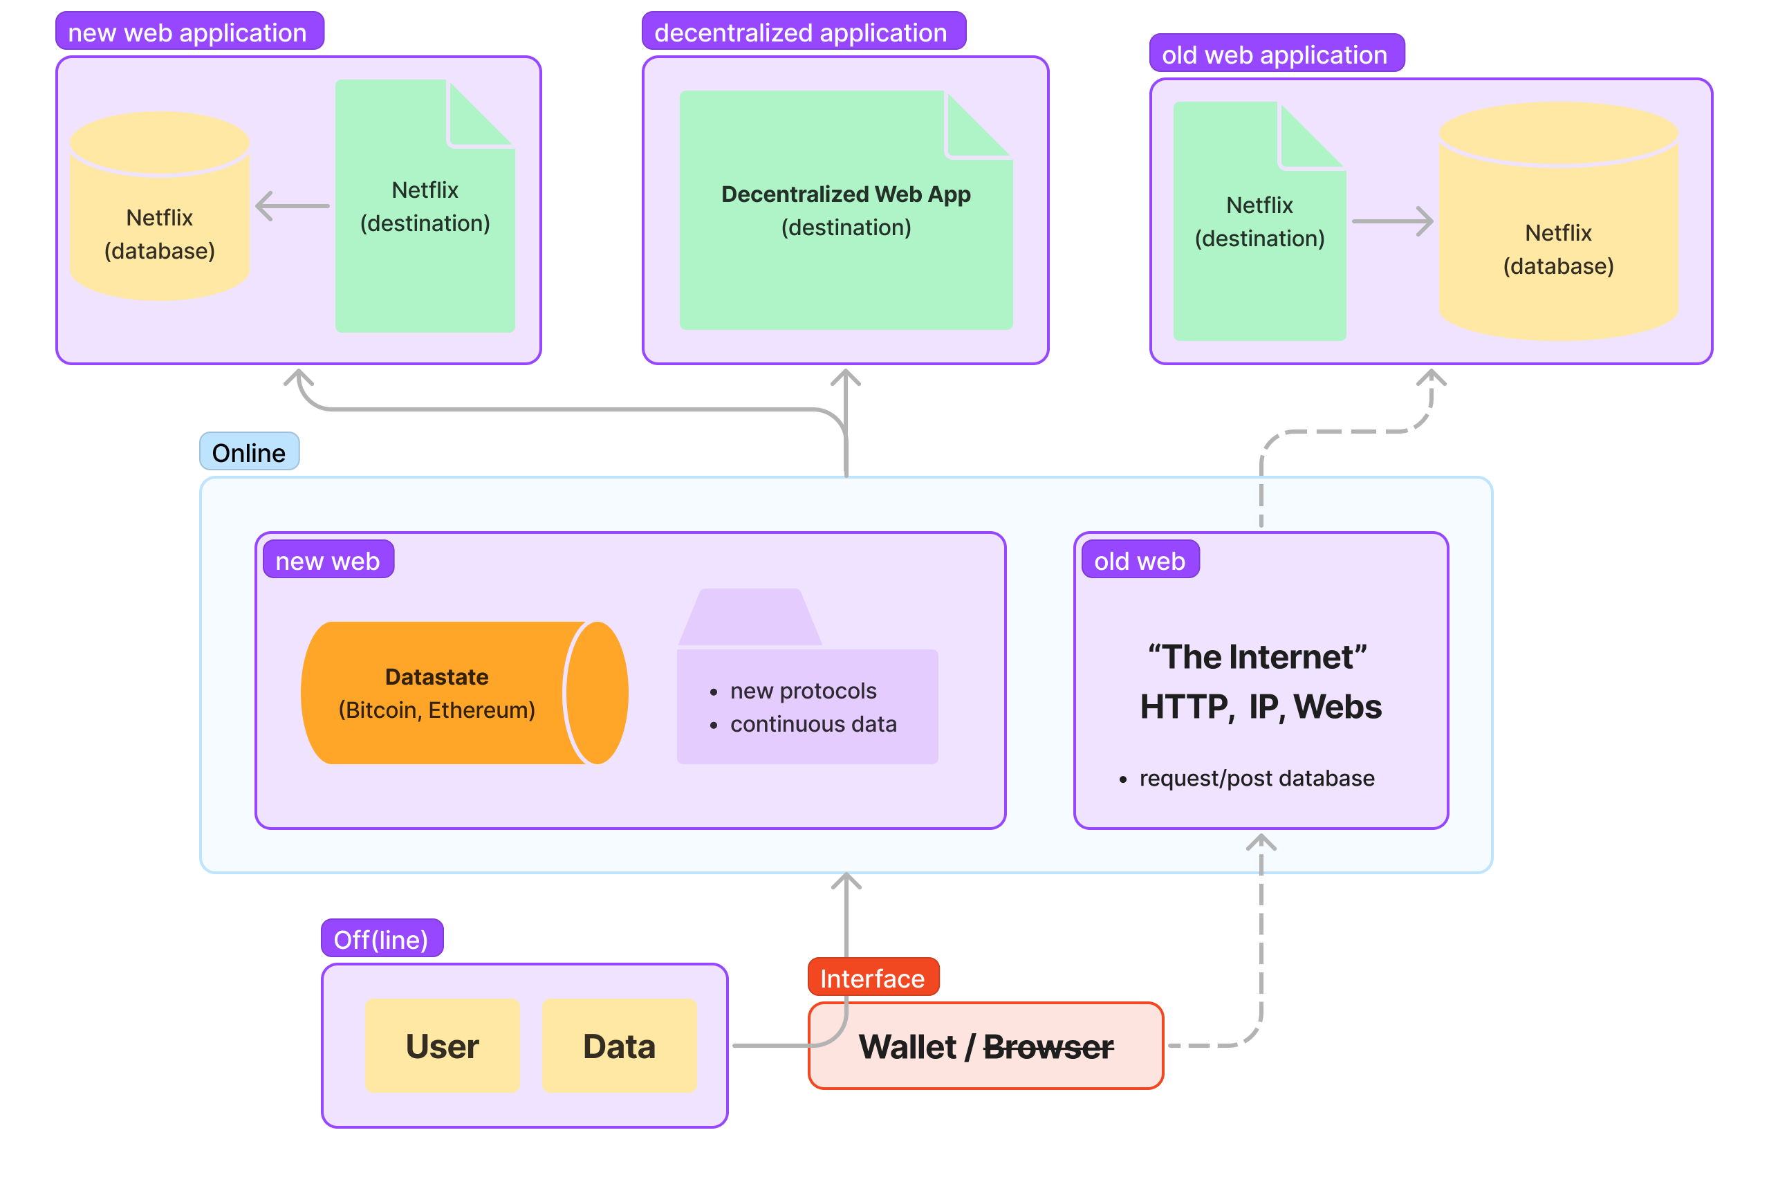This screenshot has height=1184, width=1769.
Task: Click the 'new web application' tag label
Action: click(189, 32)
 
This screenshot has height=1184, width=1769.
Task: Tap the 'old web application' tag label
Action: click(1276, 54)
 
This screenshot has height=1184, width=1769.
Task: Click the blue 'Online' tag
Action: click(249, 452)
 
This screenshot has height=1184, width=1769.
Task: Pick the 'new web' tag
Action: click(328, 560)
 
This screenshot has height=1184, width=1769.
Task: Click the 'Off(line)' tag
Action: click(381, 939)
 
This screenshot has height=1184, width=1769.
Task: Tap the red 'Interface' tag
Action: click(873, 978)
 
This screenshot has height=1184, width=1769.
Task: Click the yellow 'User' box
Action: click(443, 1046)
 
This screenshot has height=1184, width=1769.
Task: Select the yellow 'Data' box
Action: click(619, 1046)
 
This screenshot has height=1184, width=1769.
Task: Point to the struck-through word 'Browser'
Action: click(1048, 1046)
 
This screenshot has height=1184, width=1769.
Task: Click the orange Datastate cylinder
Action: click(453, 693)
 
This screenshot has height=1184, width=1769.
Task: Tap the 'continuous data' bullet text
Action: click(813, 724)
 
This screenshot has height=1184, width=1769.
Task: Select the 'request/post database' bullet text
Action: click(1257, 778)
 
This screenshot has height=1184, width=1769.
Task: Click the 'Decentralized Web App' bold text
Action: click(846, 194)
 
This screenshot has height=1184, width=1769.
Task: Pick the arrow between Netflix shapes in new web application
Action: click(293, 205)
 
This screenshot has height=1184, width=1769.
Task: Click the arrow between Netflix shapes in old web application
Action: click(1392, 221)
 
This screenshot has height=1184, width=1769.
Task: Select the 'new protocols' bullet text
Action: click(804, 691)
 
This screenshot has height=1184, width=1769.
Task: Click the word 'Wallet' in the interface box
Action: click(907, 1046)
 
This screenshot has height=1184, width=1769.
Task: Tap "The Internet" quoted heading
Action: click(1257, 657)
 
